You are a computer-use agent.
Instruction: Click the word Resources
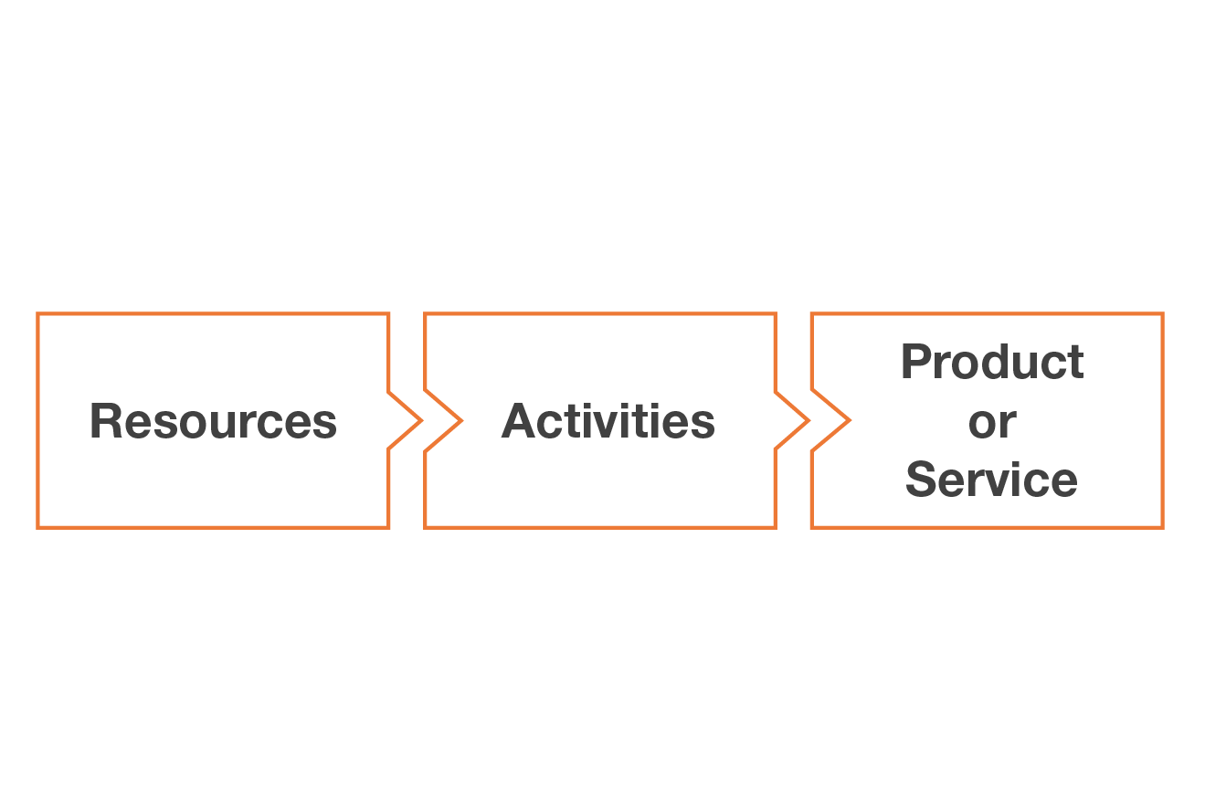(213, 421)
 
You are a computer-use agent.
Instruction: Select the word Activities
(608, 421)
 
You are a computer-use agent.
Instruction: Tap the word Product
(992, 363)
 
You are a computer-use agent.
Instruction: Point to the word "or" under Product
(992, 423)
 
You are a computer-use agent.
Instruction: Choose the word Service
(992, 480)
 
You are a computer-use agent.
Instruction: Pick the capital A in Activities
(517, 421)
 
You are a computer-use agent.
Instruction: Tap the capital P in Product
(916, 363)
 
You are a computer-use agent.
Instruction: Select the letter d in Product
(1003, 363)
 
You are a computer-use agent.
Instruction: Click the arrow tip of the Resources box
(420, 421)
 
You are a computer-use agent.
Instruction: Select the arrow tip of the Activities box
(808, 421)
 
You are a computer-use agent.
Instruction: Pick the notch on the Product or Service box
(849, 421)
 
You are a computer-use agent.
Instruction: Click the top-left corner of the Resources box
(37, 314)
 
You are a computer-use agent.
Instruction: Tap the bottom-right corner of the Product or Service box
(1162, 527)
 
